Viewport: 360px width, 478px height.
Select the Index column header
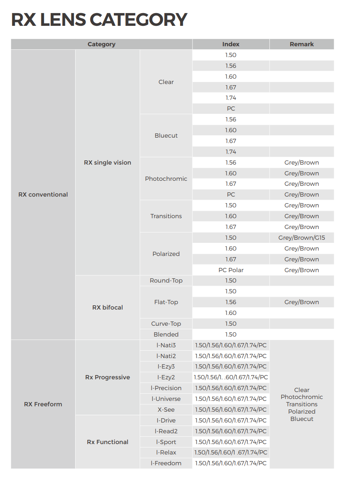tap(231, 44)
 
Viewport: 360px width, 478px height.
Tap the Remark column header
tap(301, 44)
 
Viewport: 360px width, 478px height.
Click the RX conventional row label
tap(43, 195)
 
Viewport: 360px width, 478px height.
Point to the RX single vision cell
tap(108, 163)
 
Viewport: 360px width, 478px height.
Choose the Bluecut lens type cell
tap(166, 136)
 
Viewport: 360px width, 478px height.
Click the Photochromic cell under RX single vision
tap(166, 179)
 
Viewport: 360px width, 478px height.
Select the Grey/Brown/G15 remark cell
tap(301, 238)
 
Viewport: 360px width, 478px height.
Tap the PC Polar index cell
tap(231, 270)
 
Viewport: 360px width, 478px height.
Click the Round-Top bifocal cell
tap(166, 281)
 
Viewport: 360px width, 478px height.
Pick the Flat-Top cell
tap(166, 302)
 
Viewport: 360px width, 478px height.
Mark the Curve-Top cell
tap(166, 324)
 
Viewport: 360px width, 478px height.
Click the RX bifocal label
tap(108, 308)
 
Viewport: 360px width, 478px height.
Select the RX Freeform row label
tap(43, 404)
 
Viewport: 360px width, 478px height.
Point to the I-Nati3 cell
tap(166, 345)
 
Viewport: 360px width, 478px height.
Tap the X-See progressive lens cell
tap(166, 410)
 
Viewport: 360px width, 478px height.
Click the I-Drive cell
tap(166, 421)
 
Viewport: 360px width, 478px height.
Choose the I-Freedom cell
tap(166, 463)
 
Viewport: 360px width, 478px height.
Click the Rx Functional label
tap(108, 442)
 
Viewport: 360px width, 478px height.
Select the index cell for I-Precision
tap(231, 388)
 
